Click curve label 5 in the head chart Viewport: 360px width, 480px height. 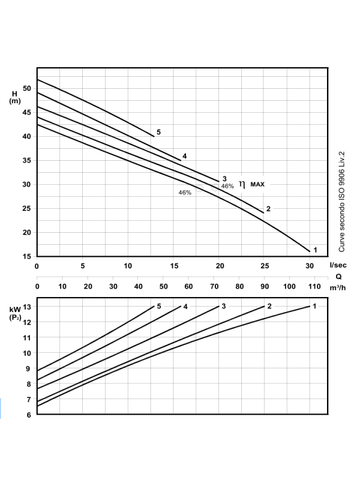(x=158, y=131)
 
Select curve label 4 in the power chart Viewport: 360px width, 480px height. (x=186, y=307)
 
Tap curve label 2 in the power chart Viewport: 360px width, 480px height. (x=269, y=307)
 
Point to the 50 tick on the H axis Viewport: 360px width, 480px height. (x=27, y=88)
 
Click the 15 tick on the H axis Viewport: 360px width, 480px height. (x=27, y=257)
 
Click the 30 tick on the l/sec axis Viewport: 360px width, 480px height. (x=309, y=265)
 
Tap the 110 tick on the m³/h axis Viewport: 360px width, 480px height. (x=314, y=286)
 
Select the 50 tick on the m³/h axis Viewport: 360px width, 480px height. (x=163, y=286)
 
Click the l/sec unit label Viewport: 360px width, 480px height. (x=338, y=265)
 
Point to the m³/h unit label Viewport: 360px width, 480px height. (x=338, y=287)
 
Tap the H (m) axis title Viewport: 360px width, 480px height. (x=14, y=97)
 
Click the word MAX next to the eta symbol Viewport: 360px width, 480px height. (x=257, y=184)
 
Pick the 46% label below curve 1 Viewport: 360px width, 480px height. (x=185, y=193)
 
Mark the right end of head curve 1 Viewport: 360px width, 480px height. (x=310, y=251)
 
